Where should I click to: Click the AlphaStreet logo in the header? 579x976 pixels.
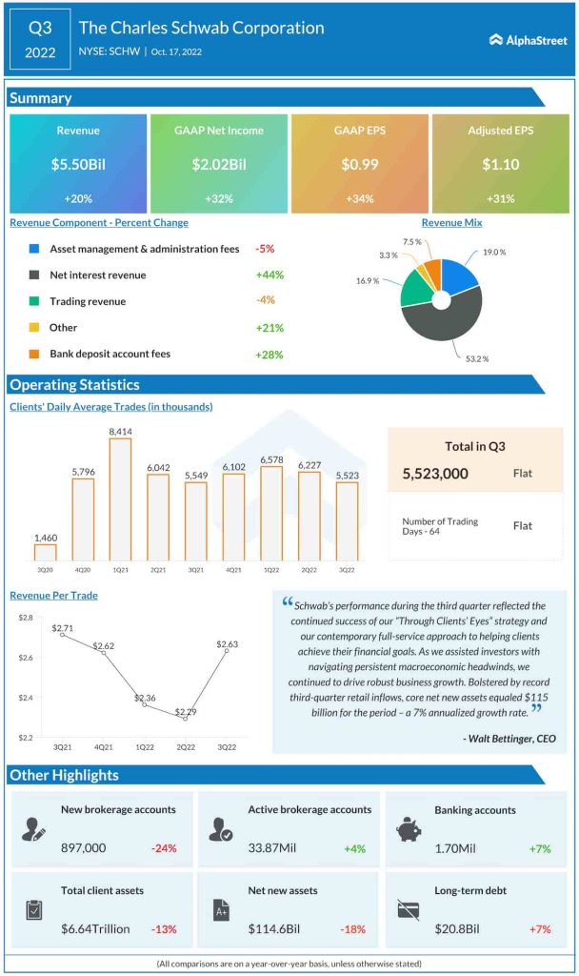pos(528,39)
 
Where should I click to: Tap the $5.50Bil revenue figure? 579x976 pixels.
pos(78,165)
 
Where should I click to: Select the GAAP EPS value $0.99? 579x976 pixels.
pos(360,165)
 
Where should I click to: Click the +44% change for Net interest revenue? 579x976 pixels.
pos(270,274)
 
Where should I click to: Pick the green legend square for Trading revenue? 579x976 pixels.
pos(34,301)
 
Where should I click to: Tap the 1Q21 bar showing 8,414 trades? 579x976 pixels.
pos(120,499)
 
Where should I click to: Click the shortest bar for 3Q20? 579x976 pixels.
pos(45,552)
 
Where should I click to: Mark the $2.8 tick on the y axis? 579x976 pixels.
pos(26,618)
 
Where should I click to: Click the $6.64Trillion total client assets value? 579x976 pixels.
pos(95,928)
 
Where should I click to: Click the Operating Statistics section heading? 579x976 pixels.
pos(74,385)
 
